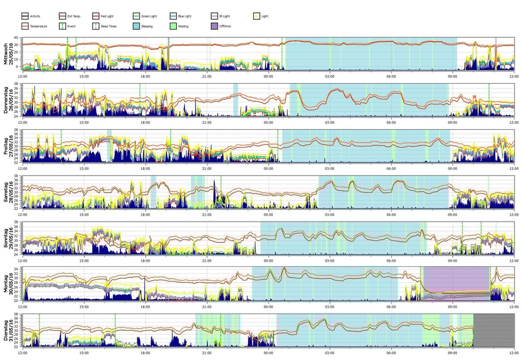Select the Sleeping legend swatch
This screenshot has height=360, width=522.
pyautogui.click(x=137, y=26)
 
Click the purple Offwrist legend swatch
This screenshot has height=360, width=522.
pyautogui.click(x=215, y=26)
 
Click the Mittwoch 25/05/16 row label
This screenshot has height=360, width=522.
pyautogui.click(x=9, y=54)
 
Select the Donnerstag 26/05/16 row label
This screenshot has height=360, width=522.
pyautogui.click(x=9, y=99)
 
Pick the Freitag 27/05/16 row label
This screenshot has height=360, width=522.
pyautogui.click(x=9, y=145)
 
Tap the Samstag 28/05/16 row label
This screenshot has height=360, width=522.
pyautogui.click(x=9, y=191)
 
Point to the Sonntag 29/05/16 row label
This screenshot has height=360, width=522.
pyautogui.click(x=9, y=237)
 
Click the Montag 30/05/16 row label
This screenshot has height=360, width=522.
pyautogui.click(x=9, y=283)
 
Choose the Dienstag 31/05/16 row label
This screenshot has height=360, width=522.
pyautogui.click(x=9, y=329)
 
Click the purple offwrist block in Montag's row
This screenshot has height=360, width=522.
pyautogui.click(x=457, y=283)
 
